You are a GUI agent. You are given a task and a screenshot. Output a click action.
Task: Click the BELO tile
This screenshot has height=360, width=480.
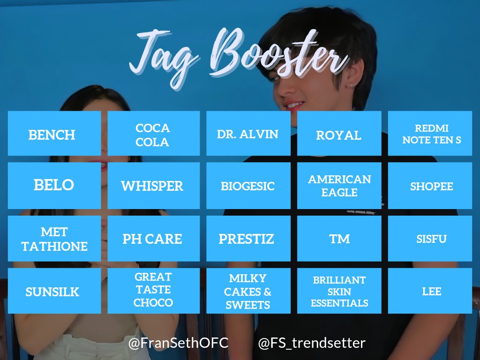[x=54, y=186]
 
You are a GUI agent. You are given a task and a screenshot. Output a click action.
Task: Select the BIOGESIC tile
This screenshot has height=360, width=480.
[x=248, y=186]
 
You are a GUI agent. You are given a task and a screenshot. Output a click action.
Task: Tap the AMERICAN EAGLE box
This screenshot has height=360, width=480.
[x=339, y=186]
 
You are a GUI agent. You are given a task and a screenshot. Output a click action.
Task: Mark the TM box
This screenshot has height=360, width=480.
[x=339, y=239]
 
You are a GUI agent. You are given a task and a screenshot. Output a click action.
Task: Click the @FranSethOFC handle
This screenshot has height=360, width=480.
[x=179, y=343]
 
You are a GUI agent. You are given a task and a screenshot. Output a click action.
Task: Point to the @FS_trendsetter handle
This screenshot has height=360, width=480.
[x=312, y=343]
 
